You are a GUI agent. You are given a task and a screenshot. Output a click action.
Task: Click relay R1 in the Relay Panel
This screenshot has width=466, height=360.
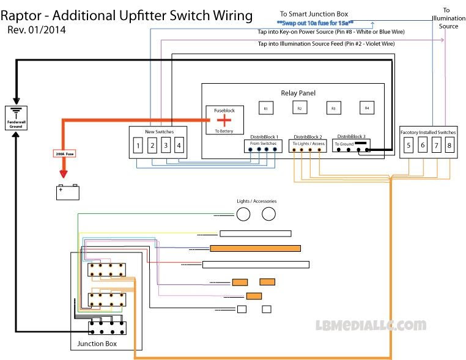tap(266, 108)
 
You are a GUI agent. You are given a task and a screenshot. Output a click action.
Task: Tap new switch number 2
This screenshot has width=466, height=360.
tap(152, 145)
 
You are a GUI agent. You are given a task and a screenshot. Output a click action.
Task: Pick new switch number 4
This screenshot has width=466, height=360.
tap(179, 145)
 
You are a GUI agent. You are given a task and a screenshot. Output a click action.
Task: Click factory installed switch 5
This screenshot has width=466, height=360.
tap(409, 145)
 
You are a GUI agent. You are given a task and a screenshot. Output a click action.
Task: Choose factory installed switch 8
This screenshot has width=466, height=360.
tap(449, 145)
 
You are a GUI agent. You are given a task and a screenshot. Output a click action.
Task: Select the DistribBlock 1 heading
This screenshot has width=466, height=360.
tap(264, 137)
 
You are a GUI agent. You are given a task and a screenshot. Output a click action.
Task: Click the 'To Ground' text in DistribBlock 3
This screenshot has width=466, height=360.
tap(344, 144)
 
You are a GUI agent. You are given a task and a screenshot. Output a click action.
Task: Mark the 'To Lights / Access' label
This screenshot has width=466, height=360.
tap(309, 144)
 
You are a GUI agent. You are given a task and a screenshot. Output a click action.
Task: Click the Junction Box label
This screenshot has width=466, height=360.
tap(97, 344)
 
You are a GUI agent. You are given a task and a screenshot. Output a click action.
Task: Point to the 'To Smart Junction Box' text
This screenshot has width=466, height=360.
tap(314, 13)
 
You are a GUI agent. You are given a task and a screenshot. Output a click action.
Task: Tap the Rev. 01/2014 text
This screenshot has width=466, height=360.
tap(37, 29)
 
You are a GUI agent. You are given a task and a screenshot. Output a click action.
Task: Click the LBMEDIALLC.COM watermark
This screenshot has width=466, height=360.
tap(371, 325)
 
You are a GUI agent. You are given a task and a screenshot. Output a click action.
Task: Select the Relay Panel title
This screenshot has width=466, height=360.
tap(298, 93)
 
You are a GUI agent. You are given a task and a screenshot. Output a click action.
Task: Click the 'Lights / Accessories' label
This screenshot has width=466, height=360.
tap(257, 201)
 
